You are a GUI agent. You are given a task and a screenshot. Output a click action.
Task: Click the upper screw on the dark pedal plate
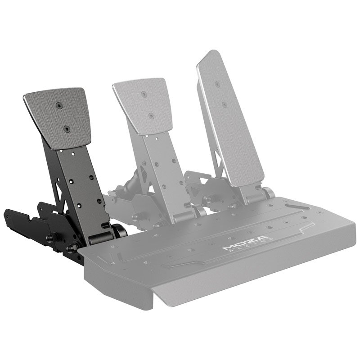tap(59, 106)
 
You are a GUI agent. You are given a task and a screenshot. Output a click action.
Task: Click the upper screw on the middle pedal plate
tap(144, 94)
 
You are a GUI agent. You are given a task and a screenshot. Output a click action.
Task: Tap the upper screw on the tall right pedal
tap(218, 85)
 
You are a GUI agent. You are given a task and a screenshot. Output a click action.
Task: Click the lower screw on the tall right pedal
tap(225, 104)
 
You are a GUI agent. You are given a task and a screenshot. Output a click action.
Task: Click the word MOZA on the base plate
tap(246, 243)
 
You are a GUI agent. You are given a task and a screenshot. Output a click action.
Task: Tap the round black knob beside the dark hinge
tap(119, 231)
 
